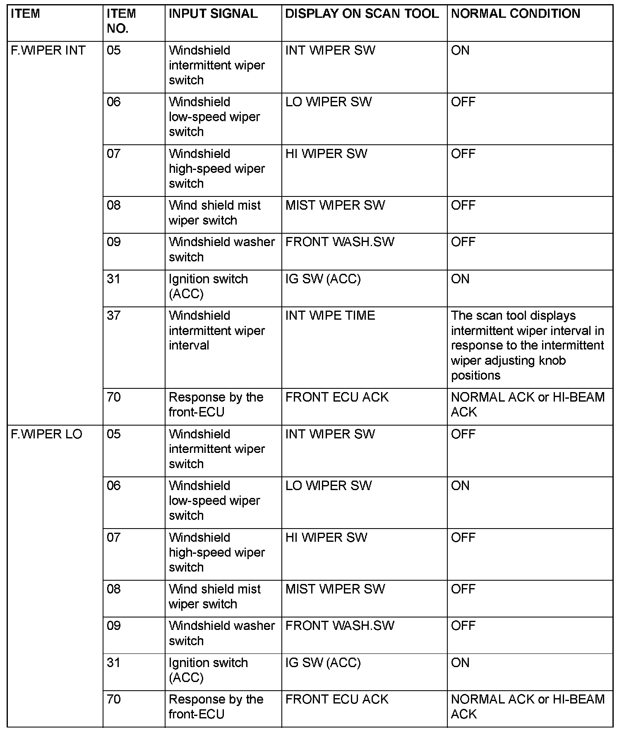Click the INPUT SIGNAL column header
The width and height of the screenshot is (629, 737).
coord(213,14)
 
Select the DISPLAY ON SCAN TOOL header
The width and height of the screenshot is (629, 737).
coord(362,14)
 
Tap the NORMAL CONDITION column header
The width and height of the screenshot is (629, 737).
coord(516,14)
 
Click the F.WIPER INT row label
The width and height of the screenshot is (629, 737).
coord(48,50)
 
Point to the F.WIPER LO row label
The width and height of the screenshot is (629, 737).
coord(47,434)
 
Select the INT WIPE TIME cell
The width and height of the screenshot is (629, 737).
coord(330,316)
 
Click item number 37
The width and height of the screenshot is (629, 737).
coord(114,316)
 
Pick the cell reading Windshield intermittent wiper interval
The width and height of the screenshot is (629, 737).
coord(217,330)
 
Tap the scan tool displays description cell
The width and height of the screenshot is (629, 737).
coord(527,345)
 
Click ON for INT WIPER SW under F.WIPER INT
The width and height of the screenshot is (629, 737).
coord(460,50)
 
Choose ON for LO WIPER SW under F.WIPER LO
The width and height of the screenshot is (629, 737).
coord(460,486)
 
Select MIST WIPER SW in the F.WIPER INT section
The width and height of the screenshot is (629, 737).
coord(335,206)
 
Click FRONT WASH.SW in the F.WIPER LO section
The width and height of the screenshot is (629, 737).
coord(340,626)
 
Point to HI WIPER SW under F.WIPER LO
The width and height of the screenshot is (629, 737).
coord(327,537)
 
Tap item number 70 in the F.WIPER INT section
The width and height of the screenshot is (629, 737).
coord(114,397)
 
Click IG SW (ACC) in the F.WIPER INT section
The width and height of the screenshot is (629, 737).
coord(323,279)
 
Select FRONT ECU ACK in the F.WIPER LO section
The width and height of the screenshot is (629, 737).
coord(337,699)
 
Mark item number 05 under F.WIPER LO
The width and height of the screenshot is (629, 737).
coord(114,434)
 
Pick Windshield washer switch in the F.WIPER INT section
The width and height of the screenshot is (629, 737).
coord(222,249)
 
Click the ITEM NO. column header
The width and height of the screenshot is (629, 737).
coord(121,21)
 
